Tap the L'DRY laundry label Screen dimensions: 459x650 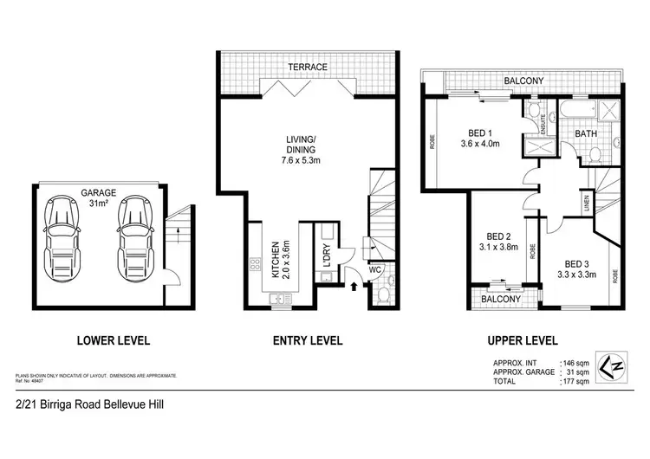click(x=326, y=260)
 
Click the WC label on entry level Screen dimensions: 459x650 click(x=374, y=268)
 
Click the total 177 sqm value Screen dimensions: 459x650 click(x=578, y=382)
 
